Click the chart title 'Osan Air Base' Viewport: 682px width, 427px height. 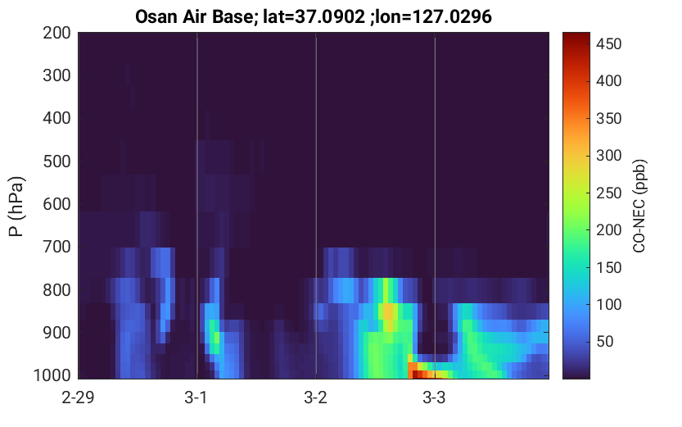click(193, 17)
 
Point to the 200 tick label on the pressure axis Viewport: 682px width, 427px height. click(56, 33)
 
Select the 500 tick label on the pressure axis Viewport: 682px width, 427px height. click(56, 161)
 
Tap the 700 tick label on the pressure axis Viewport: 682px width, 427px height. click(56, 247)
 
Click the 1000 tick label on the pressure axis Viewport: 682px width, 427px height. click(52, 375)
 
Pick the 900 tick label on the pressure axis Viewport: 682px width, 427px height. click(56, 333)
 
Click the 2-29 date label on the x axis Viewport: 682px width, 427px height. click(78, 397)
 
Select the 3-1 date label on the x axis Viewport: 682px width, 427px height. click(196, 397)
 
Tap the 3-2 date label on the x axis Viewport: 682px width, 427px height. click(315, 397)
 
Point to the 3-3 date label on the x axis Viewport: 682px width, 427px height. click(434, 397)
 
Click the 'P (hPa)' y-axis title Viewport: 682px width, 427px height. click(16, 207)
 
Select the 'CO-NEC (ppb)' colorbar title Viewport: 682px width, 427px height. click(639, 206)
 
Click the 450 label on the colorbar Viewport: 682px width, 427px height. click(608, 44)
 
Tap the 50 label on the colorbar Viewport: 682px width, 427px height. click(604, 342)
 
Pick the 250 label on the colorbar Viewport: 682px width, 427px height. click(608, 193)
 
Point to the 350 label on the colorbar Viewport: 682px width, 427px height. click(608, 118)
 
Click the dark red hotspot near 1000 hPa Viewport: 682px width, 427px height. click(417, 374)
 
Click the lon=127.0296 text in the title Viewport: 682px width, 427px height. click(431, 17)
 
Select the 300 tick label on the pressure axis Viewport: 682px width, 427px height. click(56, 75)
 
